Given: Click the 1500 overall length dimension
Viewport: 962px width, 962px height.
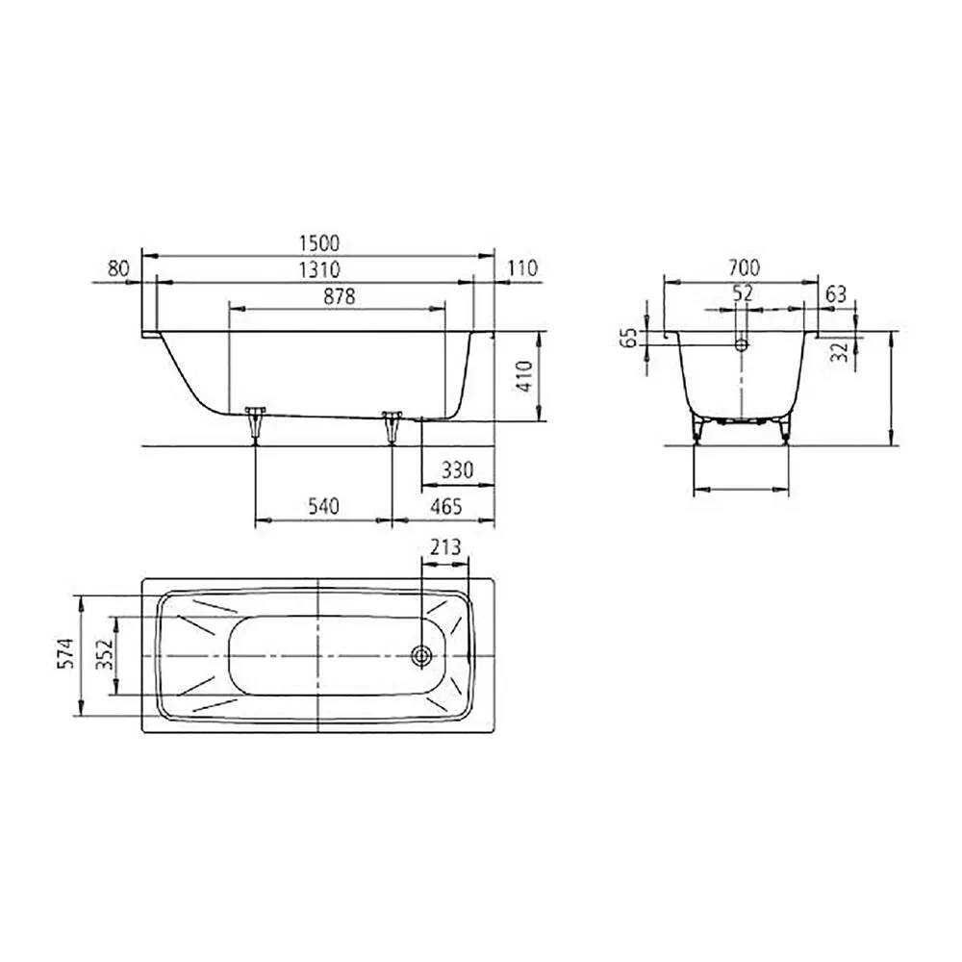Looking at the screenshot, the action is point(319,243).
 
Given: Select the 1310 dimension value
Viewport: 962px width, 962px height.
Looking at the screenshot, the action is point(319,269).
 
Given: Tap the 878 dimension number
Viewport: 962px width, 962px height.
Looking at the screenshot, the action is point(340,296).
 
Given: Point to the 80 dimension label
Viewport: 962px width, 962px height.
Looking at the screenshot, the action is point(118,268).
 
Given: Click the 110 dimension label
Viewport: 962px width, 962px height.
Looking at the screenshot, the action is point(522,268).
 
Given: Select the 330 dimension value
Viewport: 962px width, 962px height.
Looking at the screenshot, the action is point(458,470).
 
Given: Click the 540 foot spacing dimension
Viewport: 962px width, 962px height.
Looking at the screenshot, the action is point(322,506).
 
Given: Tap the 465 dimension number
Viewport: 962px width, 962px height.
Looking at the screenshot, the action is point(446,506).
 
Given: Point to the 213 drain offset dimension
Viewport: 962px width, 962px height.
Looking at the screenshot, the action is point(444,546).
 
